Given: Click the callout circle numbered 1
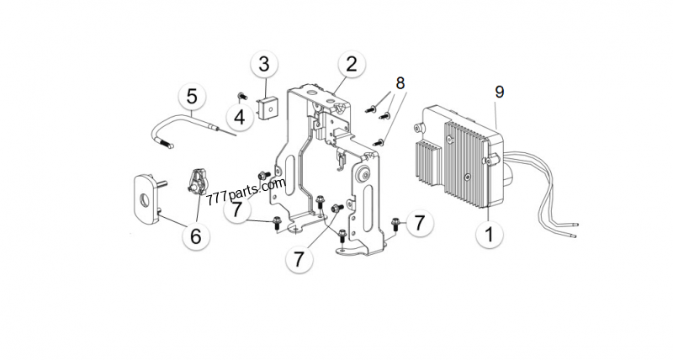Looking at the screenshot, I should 485,235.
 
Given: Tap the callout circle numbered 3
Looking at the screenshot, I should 264,64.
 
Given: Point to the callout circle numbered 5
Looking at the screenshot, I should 192,95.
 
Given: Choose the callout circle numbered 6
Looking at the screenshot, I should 195,236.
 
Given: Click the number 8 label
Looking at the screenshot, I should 400,83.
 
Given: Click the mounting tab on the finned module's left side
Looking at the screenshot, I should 418,129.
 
